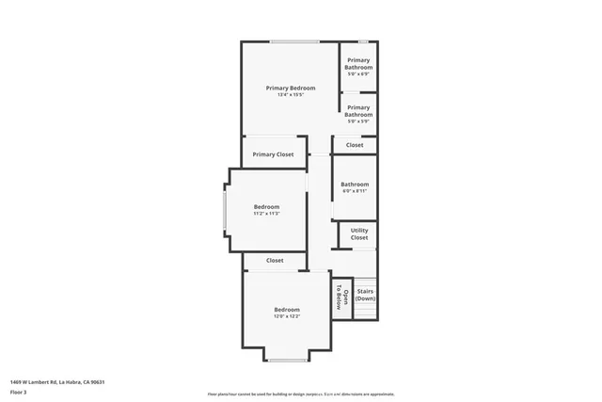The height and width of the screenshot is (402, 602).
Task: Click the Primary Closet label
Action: click(273, 154)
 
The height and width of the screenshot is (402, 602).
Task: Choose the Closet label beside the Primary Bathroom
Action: click(355, 145)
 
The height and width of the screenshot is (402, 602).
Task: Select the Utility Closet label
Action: click(359, 233)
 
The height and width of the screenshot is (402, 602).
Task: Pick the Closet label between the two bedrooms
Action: click(275, 260)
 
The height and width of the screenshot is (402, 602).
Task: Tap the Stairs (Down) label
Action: click(365, 295)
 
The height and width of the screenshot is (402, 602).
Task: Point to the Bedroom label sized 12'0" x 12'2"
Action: click(287, 310)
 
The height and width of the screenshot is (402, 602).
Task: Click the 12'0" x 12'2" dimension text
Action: click(287, 317)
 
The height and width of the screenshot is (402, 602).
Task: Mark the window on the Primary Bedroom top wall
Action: click(294, 41)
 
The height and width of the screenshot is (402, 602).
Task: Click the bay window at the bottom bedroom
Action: click(287, 360)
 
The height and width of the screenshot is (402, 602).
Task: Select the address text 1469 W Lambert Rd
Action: click(56, 381)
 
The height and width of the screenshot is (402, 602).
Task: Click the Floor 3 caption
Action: click(19, 392)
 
